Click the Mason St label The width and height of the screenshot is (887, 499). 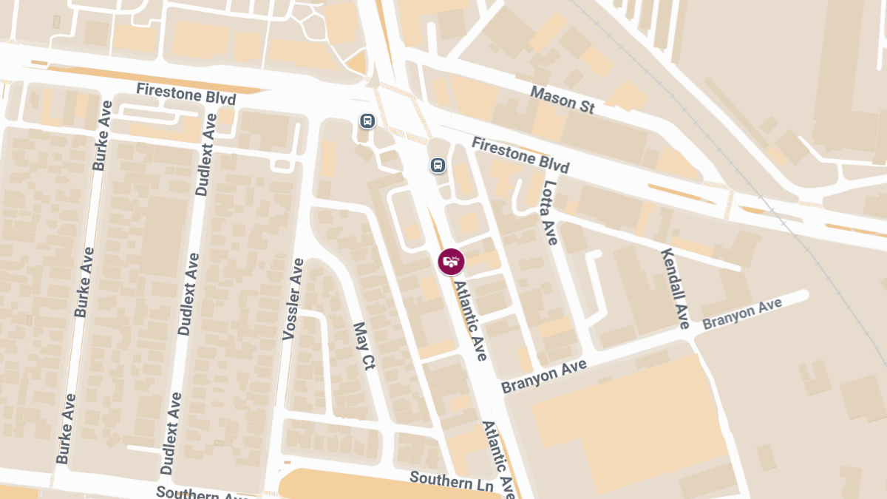[563, 100]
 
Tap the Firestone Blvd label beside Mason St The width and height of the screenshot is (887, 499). [521, 155]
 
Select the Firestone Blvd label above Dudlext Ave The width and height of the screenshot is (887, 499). [186, 94]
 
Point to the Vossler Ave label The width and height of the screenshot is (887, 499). [293, 299]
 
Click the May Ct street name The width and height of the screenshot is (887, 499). [364, 345]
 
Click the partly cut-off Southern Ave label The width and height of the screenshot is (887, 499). [196, 492]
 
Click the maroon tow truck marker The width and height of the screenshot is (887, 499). [451, 261]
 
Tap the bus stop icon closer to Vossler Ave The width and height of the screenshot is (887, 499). [367, 120]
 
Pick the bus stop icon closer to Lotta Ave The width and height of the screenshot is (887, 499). [438, 165]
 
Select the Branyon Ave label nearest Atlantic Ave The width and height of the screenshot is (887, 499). [543, 376]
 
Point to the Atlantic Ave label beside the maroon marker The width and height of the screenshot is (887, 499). [471, 320]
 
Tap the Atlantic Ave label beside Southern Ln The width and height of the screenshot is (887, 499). [498, 458]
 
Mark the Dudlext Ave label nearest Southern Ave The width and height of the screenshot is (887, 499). [171, 433]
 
